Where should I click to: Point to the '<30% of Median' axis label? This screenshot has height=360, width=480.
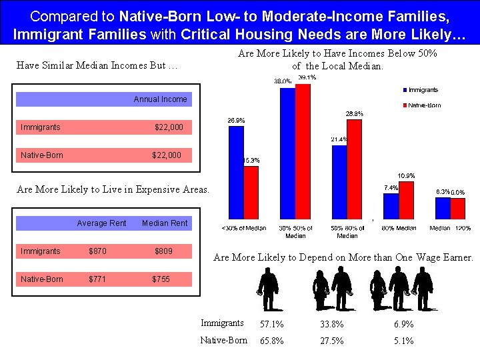click(243, 228)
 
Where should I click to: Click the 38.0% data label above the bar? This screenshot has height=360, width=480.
click(283, 81)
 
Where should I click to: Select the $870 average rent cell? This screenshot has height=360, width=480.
click(98, 251)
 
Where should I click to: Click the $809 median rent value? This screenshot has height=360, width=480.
click(163, 251)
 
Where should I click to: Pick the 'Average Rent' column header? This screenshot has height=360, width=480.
click(101, 223)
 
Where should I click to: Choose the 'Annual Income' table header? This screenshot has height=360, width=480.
click(160, 99)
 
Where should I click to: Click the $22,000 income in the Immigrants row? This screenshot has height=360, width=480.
click(167, 127)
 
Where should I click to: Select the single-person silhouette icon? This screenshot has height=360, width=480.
click(268, 288)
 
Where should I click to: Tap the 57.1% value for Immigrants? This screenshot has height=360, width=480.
click(271, 324)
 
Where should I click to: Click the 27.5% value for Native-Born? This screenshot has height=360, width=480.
click(332, 341)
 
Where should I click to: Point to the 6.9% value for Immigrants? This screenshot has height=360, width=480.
click(403, 324)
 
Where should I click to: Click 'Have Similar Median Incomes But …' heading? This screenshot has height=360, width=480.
click(97, 65)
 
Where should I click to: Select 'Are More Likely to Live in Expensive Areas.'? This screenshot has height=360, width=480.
click(113, 189)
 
